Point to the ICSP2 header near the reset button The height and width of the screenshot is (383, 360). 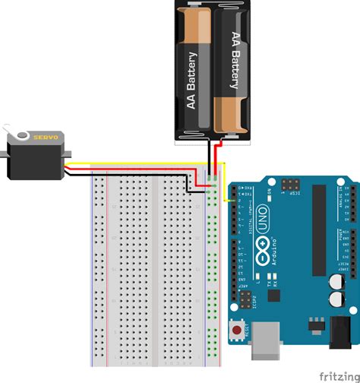click(245, 300)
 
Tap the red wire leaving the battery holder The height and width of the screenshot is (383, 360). click(219, 156)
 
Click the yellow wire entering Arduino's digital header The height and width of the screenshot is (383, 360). click(229, 199)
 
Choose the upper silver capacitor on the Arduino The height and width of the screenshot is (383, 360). click(335, 281)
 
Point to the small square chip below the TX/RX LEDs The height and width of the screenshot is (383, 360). click(273, 297)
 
